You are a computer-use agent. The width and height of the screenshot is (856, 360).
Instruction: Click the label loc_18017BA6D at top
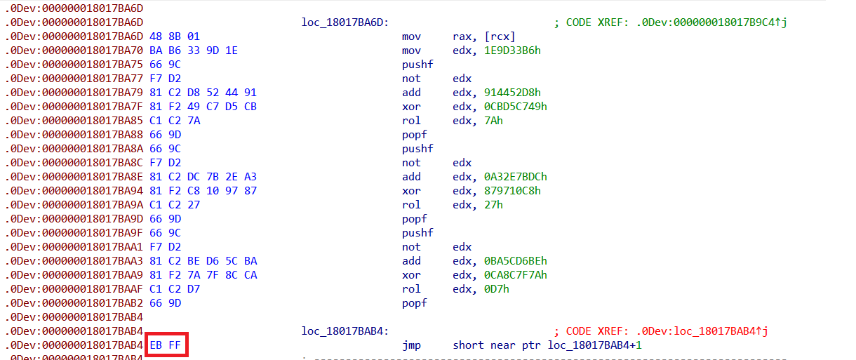click(344, 22)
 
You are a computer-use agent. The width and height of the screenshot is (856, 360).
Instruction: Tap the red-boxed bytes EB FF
click(166, 345)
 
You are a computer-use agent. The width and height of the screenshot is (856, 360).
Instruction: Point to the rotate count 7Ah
click(493, 121)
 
